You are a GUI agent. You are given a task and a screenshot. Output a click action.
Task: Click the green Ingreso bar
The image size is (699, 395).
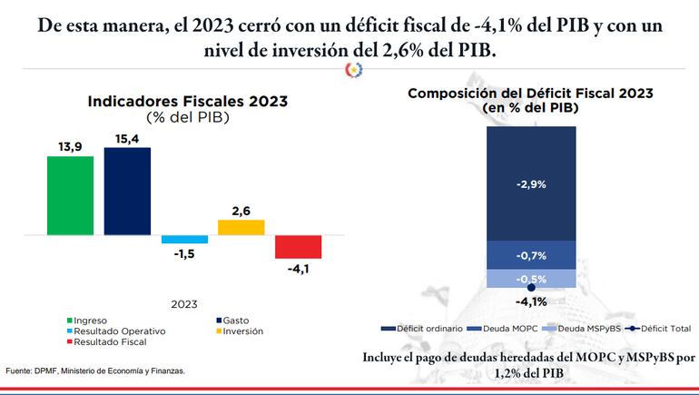pos(71,195)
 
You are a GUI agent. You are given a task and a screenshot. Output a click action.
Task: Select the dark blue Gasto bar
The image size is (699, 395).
pos(127,191)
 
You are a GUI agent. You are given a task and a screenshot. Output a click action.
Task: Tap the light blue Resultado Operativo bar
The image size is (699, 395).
pos(184,239)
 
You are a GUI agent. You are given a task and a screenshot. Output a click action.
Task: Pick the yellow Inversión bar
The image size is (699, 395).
pos(241,227)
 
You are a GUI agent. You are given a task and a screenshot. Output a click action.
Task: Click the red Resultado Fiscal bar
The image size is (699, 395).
pos(298,247)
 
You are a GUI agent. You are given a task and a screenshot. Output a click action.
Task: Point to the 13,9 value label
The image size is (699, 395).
pos(71,146)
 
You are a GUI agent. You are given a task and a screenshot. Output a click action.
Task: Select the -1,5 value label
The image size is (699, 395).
pos(184,253)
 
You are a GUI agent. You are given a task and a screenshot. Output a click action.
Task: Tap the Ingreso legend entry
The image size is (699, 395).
pos(88,321)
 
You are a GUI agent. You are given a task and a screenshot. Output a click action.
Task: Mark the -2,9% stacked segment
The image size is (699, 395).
pos(531,183)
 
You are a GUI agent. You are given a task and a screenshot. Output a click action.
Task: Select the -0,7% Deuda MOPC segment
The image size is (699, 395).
pos(531,255)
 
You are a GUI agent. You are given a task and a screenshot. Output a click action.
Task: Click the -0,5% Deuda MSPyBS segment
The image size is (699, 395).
pos(531,279)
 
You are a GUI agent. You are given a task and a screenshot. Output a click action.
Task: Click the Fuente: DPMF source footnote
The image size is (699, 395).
pos(95,371)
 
